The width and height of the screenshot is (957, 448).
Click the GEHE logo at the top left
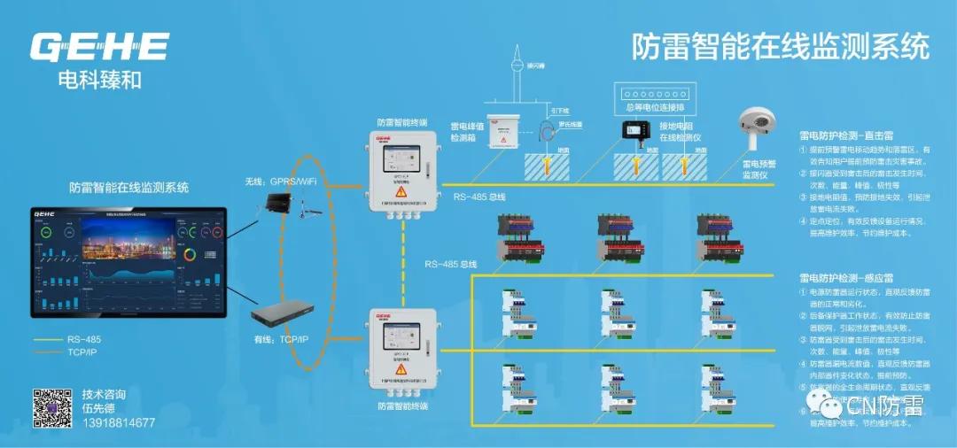click(99, 46)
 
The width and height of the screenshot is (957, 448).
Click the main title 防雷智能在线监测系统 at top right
click(781, 46)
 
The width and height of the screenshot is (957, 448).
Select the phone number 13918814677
click(118, 423)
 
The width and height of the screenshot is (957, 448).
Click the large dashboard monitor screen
click(128, 262)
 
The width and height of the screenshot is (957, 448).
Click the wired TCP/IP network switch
click(282, 313)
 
